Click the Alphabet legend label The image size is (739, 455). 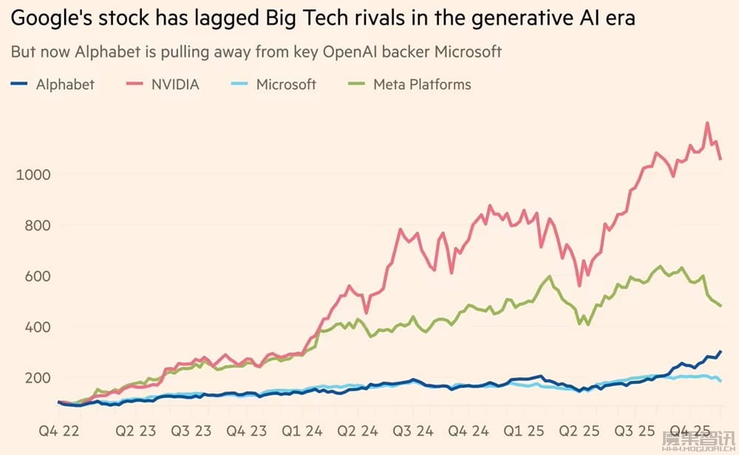(x=65, y=84)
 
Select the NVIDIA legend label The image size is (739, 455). (x=175, y=84)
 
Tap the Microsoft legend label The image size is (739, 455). (x=286, y=84)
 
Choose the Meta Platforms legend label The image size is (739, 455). (x=422, y=84)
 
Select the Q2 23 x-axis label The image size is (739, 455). (x=137, y=428)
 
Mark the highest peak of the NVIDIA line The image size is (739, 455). (x=708, y=124)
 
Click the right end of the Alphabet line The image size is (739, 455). (x=721, y=351)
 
